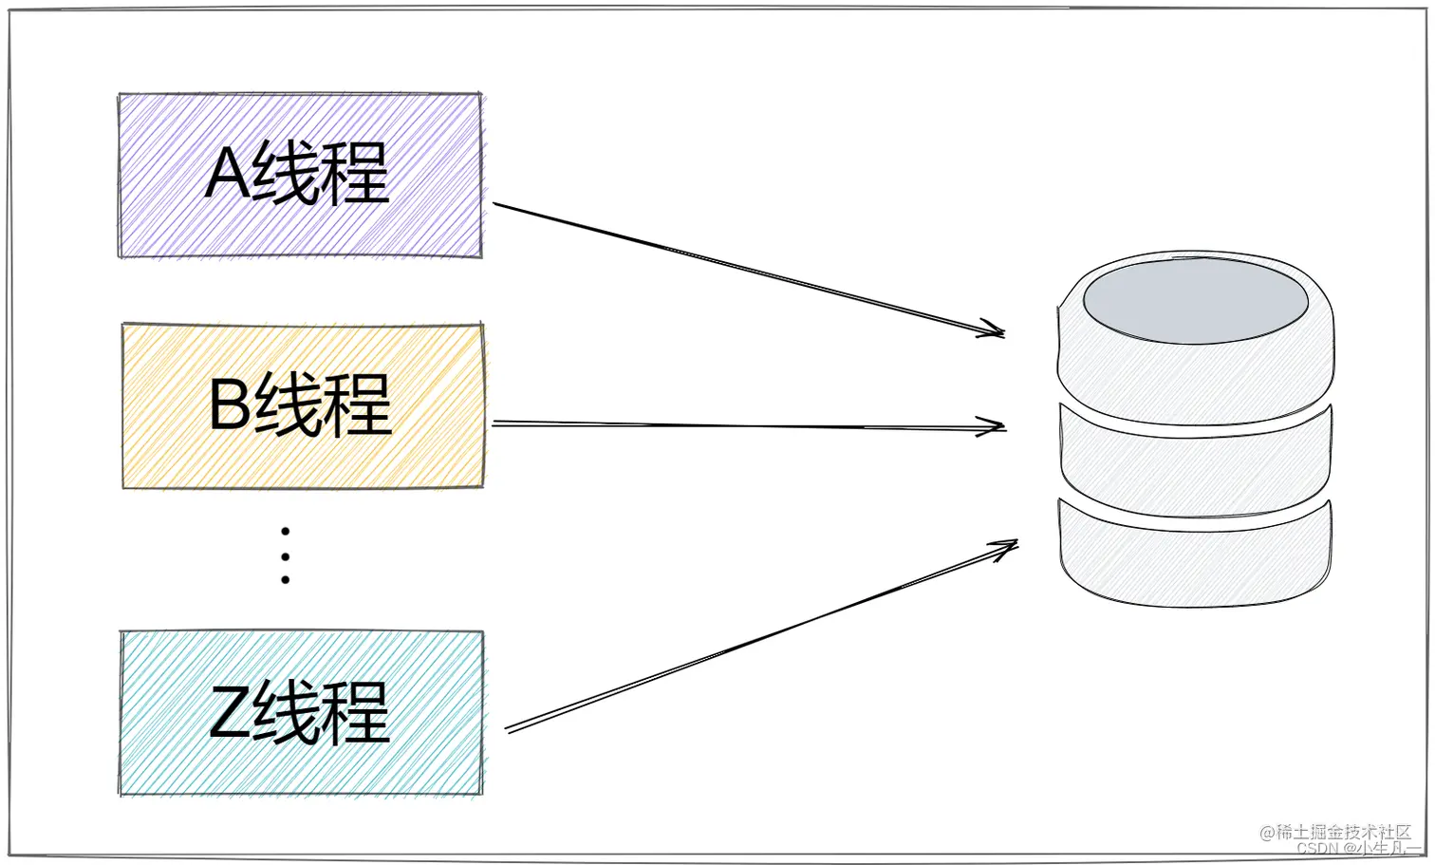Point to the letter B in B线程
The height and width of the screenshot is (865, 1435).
(230, 404)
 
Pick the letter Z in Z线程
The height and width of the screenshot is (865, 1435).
(230, 712)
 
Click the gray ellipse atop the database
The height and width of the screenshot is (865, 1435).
(1195, 300)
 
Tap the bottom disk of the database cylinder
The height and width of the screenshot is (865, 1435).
(1195, 560)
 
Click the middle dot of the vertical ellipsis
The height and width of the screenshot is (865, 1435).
(285, 555)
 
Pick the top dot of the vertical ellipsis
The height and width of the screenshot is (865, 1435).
(285, 532)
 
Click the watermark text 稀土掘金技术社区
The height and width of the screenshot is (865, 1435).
(1342, 832)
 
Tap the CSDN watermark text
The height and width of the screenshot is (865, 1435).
(1317, 849)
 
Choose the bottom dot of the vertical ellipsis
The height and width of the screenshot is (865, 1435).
(285, 579)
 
